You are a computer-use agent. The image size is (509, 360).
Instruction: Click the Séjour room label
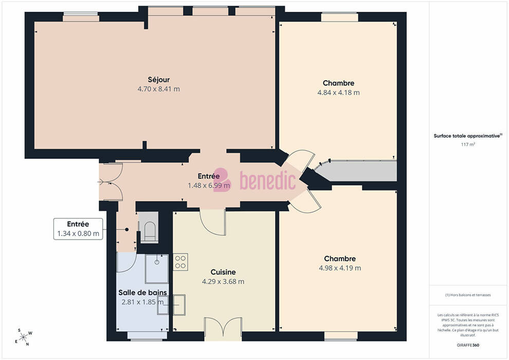click(159, 80)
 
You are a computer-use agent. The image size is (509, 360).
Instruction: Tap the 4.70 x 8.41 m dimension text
click(159, 89)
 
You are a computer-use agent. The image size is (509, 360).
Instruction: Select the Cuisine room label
click(223, 272)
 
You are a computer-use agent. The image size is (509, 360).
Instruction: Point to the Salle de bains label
click(142, 293)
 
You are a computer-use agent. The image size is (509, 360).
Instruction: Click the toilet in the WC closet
click(150, 231)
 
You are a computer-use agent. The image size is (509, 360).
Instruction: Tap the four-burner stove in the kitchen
click(180, 262)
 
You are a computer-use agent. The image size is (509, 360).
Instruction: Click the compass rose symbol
click(23, 337)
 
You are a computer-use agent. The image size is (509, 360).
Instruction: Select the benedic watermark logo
click(254, 180)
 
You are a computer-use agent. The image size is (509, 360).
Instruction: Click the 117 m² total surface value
click(468, 145)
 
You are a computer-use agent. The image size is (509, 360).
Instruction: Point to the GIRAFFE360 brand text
click(468, 345)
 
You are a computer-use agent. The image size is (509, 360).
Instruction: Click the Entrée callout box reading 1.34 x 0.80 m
click(78, 229)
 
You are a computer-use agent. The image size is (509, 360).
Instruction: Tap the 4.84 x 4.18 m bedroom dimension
click(339, 93)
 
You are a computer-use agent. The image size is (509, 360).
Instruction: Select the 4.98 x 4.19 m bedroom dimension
click(340, 268)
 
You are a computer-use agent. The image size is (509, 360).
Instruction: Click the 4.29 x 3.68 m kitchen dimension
click(223, 281)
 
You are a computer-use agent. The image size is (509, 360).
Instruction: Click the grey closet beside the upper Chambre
click(357, 171)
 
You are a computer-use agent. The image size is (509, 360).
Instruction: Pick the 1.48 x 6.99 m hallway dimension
click(209, 186)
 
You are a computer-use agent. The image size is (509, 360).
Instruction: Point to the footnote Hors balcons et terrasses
click(468, 295)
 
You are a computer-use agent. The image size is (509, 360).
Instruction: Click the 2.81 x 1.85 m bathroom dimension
click(142, 302)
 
